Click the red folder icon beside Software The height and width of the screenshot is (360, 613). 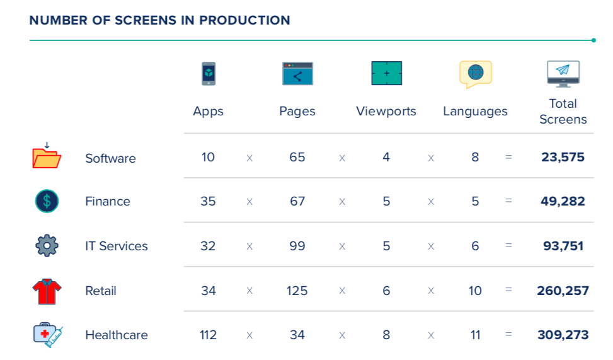[x=47, y=157]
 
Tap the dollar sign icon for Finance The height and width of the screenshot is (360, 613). [x=47, y=201]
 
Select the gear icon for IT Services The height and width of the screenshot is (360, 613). [x=47, y=245]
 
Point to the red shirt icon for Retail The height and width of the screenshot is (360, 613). [x=47, y=291]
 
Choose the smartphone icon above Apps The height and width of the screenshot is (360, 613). [x=209, y=74]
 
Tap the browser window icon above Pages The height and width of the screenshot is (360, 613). [x=297, y=74]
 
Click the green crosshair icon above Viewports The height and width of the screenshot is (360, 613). [x=386, y=74]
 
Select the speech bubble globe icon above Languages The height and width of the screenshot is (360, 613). [x=475, y=74]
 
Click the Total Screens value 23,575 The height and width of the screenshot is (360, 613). [x=563, y=157]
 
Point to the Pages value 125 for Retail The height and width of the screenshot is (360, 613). [x=297, y=291]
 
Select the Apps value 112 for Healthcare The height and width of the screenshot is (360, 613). [x=209, y=335]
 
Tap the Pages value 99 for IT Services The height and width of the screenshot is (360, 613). [x=297, y=246]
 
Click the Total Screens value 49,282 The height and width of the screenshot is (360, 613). [x=563, y=202]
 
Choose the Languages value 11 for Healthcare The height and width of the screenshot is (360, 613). [x=475, y=335]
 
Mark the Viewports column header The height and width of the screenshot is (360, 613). [x=386, y=112]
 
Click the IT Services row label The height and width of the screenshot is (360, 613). [x=117, y=246]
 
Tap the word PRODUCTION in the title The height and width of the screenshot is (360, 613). [x=244, y=20]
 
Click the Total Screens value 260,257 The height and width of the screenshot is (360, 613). [x=563, y=291]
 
